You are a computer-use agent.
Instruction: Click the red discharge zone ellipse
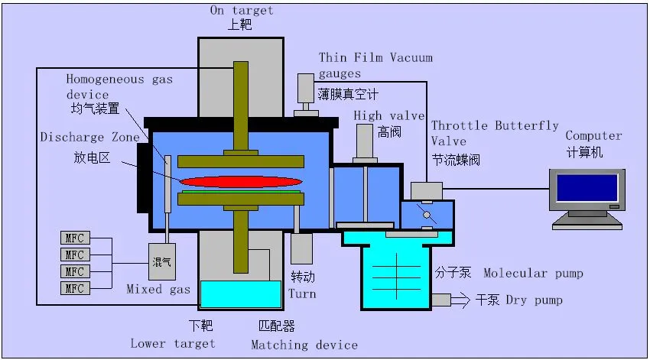pos(242,181)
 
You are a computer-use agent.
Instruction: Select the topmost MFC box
pos(74,237)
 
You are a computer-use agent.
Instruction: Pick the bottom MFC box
pos(74,288)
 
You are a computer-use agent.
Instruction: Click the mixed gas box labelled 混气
pos(162,261)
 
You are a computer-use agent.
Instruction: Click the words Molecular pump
pos(533,274)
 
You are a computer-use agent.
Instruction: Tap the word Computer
pos(593,136)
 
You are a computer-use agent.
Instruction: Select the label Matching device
pos(304,345)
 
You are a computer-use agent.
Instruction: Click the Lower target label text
pos(173,343)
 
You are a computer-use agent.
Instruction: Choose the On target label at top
pos(242,11)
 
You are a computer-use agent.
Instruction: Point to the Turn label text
pos(302,294)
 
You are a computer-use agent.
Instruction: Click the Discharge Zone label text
pos(90,138)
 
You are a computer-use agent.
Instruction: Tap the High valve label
pos(388,116)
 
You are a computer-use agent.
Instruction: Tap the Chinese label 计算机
pos(585,152)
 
